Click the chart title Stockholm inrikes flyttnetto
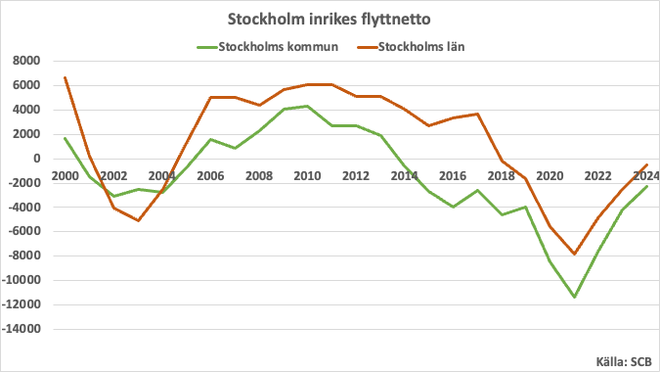click(330, 20)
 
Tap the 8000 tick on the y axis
click(25, 61)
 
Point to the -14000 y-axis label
click(21, 329)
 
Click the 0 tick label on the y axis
click(35, 159)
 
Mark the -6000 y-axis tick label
click(23, 231)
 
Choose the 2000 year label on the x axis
click(65, 176)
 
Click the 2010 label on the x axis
click(307, 176)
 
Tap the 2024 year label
click(646, 176)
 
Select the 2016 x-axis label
click(453, 176)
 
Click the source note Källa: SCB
click(623, 360)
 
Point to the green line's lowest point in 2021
click(574, 297)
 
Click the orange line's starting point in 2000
click(65, 77)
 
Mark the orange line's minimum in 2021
click(574, 255)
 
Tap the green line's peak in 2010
click(307, 106)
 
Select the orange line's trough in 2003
click(138, 220)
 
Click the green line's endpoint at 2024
click(646, 186)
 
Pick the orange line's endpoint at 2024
click(646, 164)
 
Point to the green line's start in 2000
click(65, 138)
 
